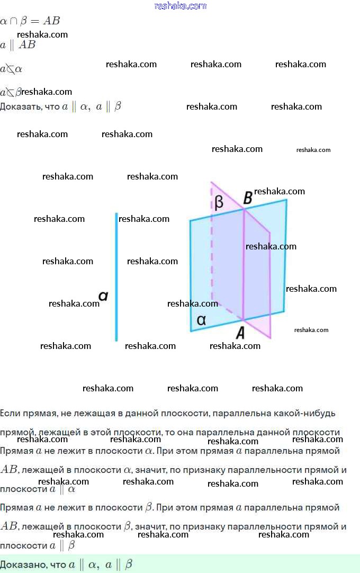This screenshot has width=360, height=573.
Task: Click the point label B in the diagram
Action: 247,199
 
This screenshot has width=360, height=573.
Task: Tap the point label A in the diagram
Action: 240,333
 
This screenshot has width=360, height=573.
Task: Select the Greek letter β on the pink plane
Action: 219,202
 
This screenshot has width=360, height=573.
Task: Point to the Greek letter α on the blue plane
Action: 201,320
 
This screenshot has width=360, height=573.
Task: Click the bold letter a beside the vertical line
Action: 104,296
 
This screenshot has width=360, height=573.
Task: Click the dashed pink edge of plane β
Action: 212,249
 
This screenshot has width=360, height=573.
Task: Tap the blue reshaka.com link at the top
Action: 180,6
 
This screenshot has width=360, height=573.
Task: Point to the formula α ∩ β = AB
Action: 30,21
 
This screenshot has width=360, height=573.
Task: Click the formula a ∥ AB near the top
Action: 18,45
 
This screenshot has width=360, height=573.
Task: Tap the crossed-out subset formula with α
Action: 11,69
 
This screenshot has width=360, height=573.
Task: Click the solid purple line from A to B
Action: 244,265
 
